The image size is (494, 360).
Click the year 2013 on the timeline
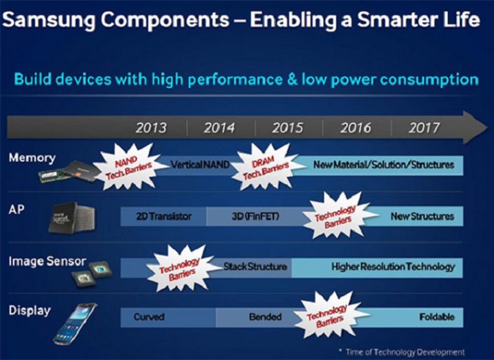151,129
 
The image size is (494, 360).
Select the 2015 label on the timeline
287,129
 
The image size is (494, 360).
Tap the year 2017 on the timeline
423,129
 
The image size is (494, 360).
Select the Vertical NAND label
200,165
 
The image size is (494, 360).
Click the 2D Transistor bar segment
164,217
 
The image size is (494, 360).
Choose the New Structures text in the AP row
422,217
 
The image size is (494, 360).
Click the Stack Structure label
256,266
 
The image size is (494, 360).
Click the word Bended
265,317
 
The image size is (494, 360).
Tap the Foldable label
436,317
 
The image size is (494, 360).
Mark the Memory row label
32,158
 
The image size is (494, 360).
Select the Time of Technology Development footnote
401,351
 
